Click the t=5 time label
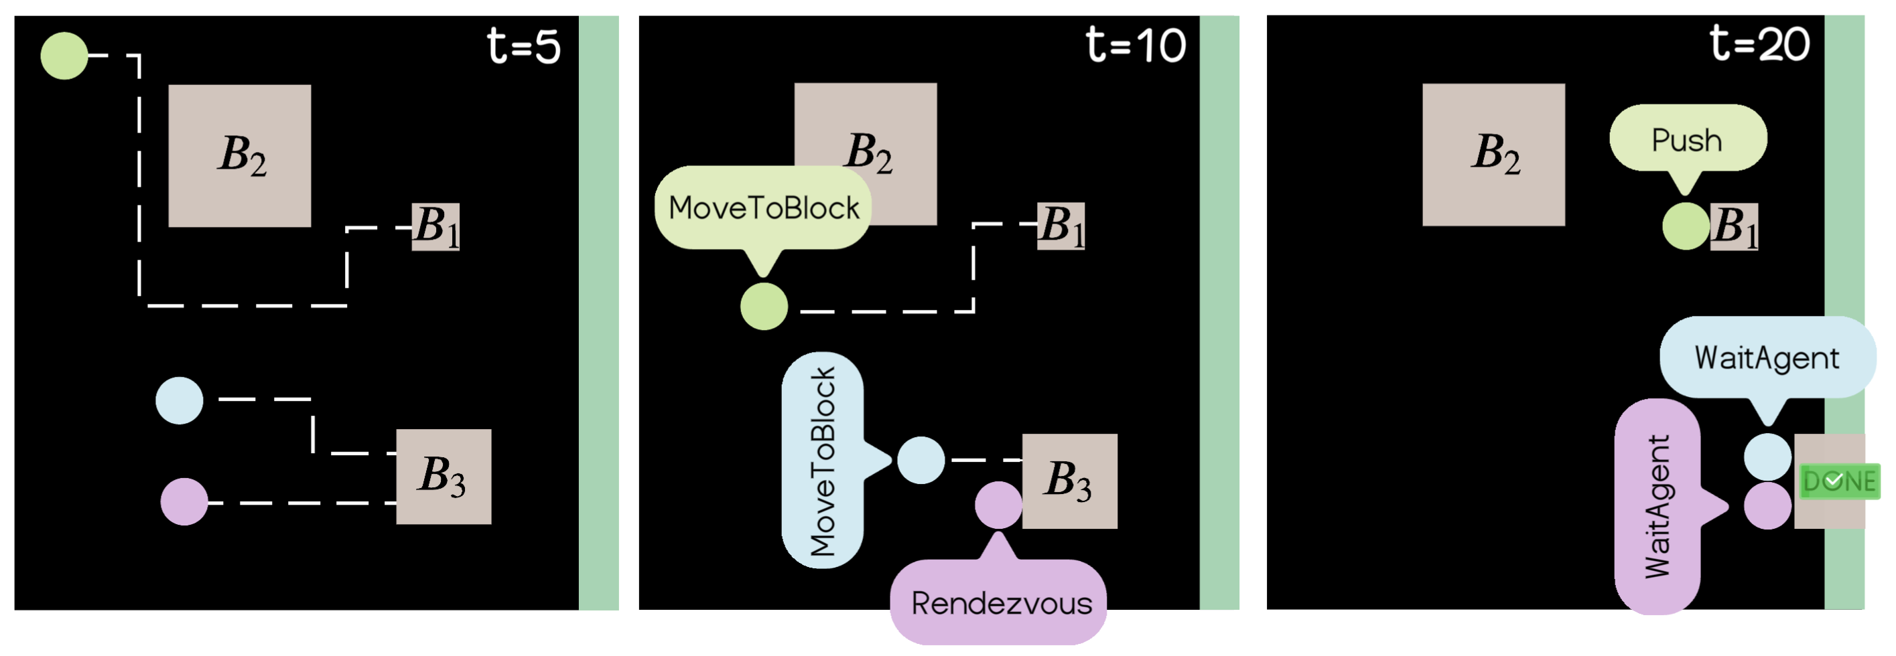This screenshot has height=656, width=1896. click(x=523, y=46)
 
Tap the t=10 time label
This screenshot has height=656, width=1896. click(x=1135, y=45)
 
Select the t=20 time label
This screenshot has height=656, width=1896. click(x=1759, y=44)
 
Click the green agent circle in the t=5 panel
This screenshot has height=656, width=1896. click(x=64, y=56)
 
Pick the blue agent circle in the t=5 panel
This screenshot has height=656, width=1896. click(x=179, y=401)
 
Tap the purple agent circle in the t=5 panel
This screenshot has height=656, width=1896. click(x=184, y=501)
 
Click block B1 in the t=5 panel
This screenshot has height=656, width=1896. click(x=435, y=227)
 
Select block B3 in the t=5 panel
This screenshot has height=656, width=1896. click(x=443, y=477)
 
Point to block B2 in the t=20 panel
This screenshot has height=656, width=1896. click(x=1493, y=155)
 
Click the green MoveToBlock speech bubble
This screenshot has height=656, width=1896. click(x=762, y=208)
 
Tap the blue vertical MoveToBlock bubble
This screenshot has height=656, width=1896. click(x=822, y=461)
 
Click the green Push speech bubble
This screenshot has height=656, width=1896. click(x=1687, y=139)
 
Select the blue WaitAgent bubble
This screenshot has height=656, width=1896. click(x=1767, y=358)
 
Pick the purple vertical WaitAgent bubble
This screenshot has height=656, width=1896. click(x=1657, y=506)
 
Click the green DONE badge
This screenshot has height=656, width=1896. click(x=1838, y=481)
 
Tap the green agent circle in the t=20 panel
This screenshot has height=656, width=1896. click(x=1685, y=226)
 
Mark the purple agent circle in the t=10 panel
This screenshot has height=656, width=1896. click(x=998, y=505)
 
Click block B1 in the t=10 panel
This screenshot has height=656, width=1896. click(x=1061, y=226)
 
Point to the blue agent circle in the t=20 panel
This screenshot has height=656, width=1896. click(x=1767, y=457)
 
